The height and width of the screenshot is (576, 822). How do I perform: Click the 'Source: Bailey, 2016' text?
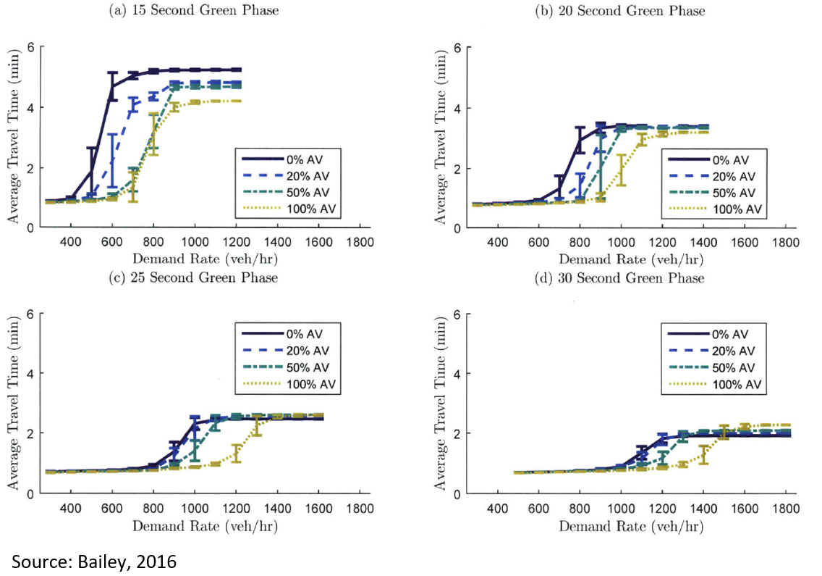coord(93,561)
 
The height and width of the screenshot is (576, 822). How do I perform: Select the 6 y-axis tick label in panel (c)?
coord(32,314)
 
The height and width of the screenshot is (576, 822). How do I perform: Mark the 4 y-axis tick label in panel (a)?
coord(32,108)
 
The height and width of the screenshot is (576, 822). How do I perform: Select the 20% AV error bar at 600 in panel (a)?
coord(112,160)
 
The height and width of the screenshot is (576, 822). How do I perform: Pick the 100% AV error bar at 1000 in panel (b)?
coord(620,170)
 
